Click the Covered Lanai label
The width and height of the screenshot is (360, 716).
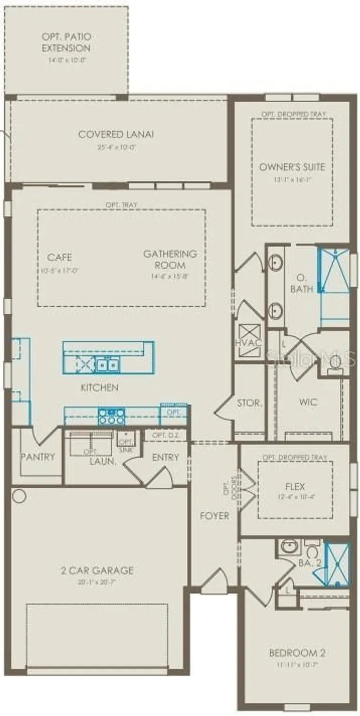click(116, 135)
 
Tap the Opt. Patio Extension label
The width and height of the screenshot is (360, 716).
click(66, 42)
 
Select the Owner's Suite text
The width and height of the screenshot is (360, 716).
click(292, 167)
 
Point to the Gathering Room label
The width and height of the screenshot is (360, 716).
click(170, 259)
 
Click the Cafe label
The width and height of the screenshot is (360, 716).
click(60, 258)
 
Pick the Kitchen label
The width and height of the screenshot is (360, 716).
click(99, 388)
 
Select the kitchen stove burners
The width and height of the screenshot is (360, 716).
click(111, 417)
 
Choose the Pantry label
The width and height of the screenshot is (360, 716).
click(38, 457)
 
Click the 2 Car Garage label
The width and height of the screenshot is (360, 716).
click(97, 570)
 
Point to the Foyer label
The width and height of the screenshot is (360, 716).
click(215, 516)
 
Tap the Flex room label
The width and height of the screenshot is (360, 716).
click(295, 487)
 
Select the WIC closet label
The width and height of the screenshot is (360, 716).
click(308, 402)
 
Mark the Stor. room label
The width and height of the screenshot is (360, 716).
click(250, 403)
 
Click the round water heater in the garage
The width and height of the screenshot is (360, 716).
click(19, 496)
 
